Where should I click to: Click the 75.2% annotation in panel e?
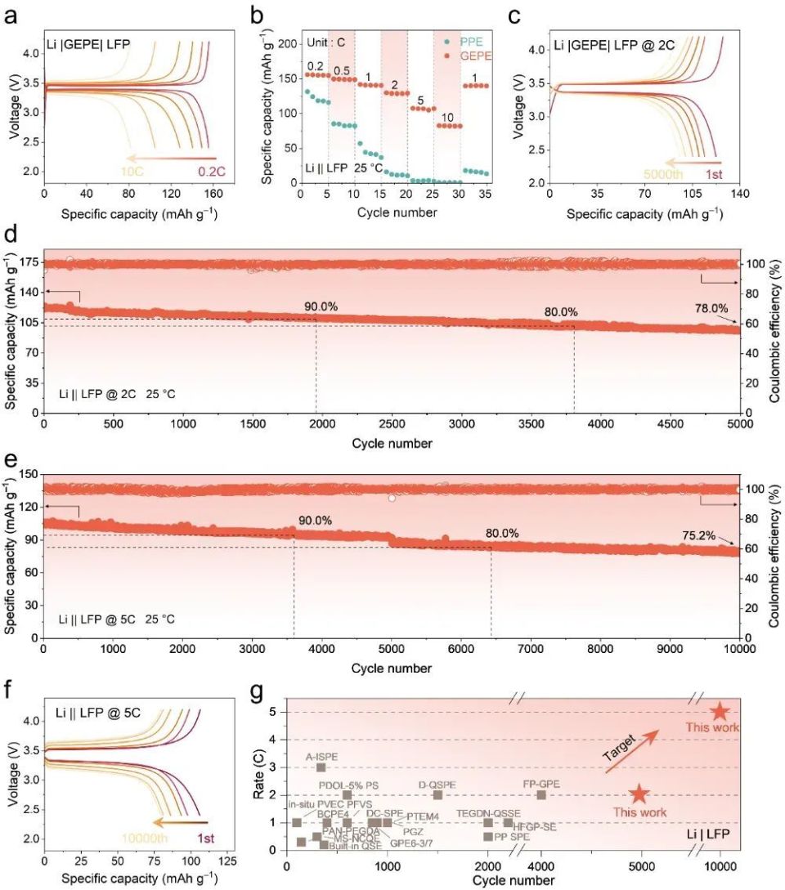coord(698,536)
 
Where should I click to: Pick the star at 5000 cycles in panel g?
coord(639,794)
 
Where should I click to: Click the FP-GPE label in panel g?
coord(541,784)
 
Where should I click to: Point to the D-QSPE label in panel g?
coord(437,784)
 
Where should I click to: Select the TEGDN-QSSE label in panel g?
coord(488,813)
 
